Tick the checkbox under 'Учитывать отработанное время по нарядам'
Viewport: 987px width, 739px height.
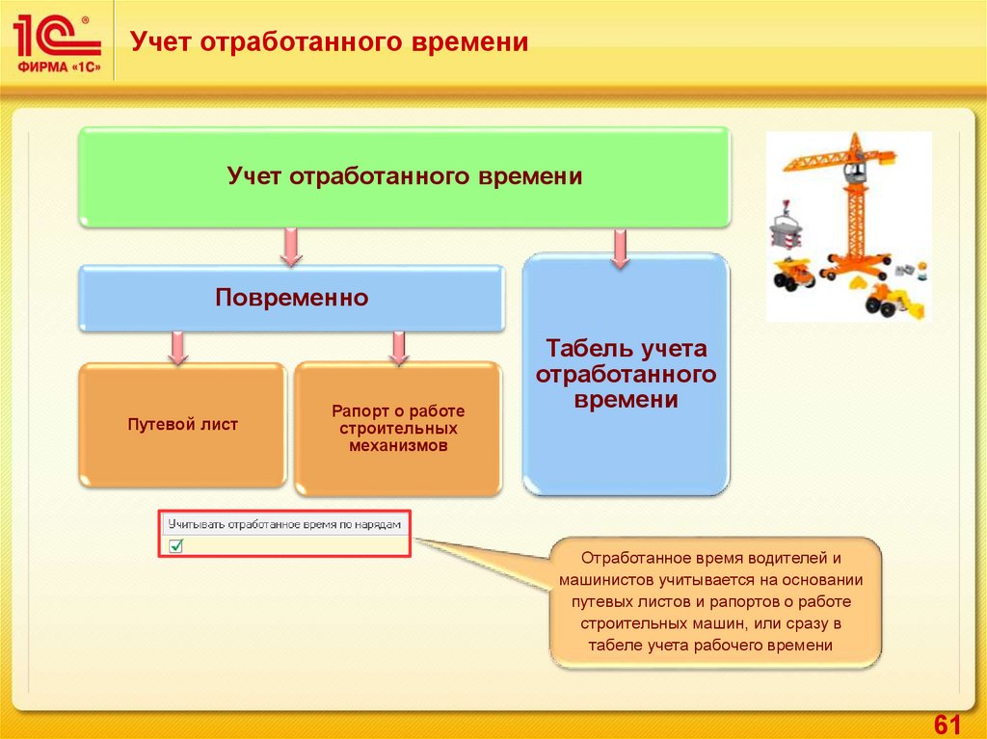pos(176,546)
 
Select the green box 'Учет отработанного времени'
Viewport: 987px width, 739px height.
pos(404,178)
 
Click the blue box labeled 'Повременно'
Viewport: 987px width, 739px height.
pos(291,299)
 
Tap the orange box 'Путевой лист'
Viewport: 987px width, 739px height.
pos(182,424)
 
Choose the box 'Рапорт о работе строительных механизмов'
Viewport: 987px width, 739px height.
pos(397,429)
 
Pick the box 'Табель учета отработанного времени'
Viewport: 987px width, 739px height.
pos(626,374)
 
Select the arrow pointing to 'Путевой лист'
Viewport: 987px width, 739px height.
pos(177,347)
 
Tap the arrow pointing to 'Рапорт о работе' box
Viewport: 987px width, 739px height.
pos(397,347)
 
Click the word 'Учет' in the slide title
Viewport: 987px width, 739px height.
pos(159,42)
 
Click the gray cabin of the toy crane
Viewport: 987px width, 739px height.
pos(854,173)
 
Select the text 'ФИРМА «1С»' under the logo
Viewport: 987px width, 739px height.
pos(56,66)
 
